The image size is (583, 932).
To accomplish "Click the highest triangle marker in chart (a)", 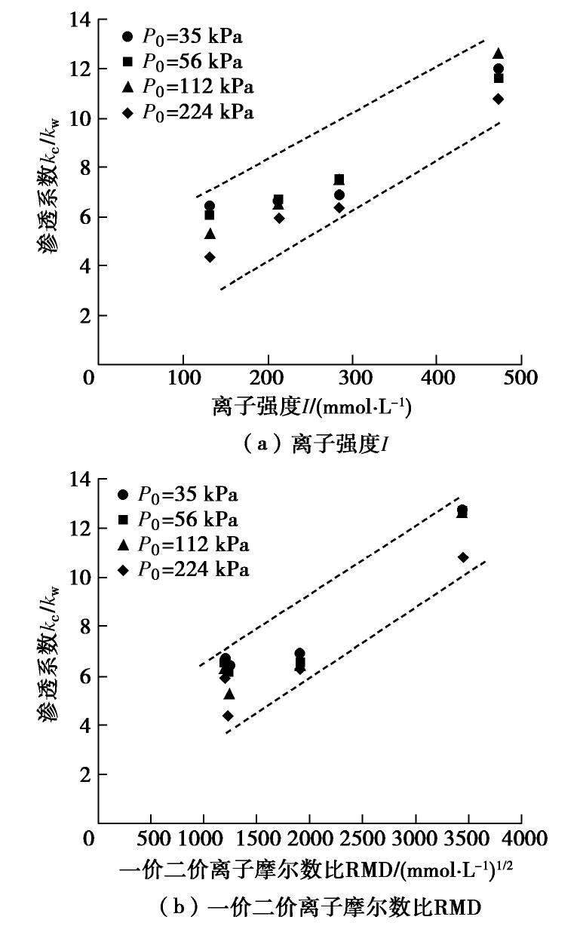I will (498, 54).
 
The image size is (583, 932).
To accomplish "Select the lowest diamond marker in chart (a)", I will (210, 257).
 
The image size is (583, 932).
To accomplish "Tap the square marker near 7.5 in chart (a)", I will (339, 179).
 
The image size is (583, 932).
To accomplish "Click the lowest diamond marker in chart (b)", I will (228, 716).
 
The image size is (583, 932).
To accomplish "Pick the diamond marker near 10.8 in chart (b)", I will (463, 557).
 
